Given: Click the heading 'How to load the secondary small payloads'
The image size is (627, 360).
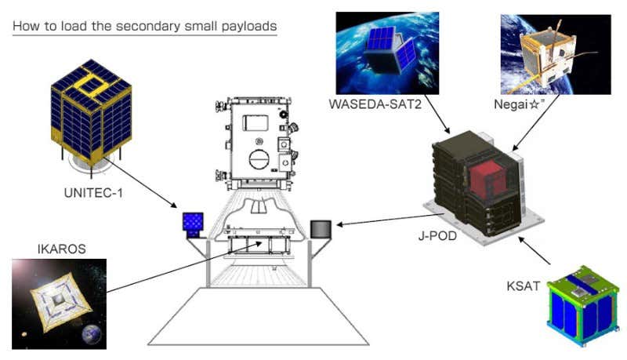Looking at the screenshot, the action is tap(145, 26).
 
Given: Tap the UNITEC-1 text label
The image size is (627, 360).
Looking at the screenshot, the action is tap(93, 193).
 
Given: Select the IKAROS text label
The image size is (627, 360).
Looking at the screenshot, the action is tap(62, 249).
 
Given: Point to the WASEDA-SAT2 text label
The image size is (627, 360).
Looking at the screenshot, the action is tap(375, 104).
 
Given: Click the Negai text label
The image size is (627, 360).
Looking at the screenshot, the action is tap(519, 104).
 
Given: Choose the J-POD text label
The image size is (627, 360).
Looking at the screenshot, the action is tap(437, 235).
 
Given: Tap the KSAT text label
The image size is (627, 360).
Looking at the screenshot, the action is tap(523, 286).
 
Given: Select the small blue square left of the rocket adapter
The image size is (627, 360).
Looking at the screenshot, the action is tap(193, 222).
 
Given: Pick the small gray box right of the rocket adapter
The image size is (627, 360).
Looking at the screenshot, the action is tap(321, 230).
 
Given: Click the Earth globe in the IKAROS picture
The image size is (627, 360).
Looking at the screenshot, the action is tap(92, 334).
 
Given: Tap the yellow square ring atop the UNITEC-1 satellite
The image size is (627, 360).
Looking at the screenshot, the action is tap(92, 85).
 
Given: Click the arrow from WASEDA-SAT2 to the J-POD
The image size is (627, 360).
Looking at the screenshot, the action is tap(437, 114).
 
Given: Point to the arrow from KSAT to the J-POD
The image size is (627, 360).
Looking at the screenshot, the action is tap(535, 250).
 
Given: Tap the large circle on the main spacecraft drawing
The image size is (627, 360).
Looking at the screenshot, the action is tap(259, 158).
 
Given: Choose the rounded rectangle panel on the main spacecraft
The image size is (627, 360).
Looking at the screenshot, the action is tap(256, 122).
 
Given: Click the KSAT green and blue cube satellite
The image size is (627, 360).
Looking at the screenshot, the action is tap(582, 306).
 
